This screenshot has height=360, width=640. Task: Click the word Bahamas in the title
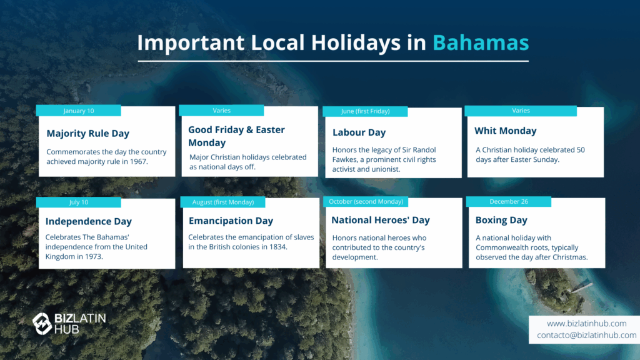[481, 42]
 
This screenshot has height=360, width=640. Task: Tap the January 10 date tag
[78, 111]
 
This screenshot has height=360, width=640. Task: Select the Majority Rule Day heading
[87, 134]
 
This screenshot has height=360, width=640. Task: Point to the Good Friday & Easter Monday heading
[236, 136]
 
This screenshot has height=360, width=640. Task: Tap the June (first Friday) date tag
[365, 111]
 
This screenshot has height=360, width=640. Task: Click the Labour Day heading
[359, 132]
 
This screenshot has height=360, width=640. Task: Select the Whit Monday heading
[505, 131]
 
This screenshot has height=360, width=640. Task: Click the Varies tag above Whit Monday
[521, 111]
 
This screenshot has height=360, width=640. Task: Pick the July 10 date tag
[78, 202]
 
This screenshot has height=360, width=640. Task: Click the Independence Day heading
[89, 221]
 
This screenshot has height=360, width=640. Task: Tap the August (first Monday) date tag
[223, 202]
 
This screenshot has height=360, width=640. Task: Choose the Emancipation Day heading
[231, 221]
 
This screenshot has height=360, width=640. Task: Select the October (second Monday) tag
[366, 202]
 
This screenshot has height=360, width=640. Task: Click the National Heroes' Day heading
[381, 220]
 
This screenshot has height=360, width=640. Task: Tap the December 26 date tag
[509, 202]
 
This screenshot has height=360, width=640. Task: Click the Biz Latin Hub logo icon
[42, 324]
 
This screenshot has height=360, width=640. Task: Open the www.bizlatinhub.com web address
[586, 323]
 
